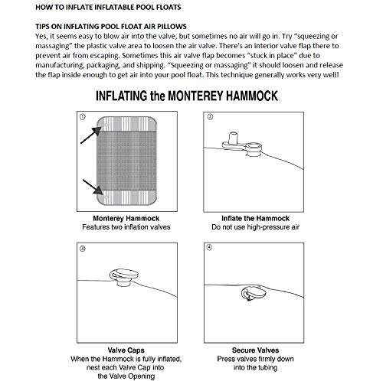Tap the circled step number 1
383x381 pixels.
(83, 117)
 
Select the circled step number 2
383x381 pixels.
(210, 117)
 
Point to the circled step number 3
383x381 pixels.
(83, 249)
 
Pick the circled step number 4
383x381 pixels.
(209, 247)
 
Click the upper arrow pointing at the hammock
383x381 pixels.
(90, 135)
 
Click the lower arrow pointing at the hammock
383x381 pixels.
(93, 187)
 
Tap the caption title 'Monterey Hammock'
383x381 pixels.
(126, 218)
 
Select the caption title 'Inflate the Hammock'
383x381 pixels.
(255, 218)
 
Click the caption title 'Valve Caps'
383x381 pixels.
(126, 350)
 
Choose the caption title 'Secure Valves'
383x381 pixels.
(255, 350)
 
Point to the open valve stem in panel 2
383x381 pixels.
(233, 138)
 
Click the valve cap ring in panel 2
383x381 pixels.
(254, 147)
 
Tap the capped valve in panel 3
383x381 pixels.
(124, 277)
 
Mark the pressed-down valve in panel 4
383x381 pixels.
(254, 293)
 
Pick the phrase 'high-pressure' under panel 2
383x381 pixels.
(267, 227)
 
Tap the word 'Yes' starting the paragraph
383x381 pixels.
(41, 36)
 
